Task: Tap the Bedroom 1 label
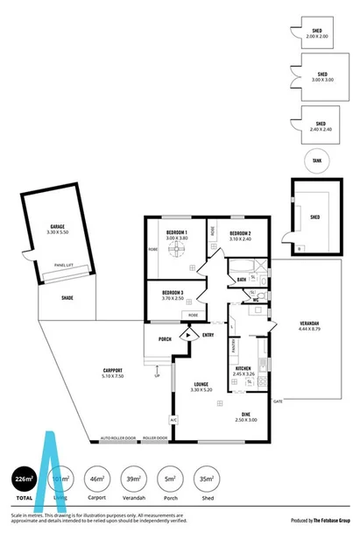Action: point(178,232)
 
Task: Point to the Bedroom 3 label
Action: point(172,294)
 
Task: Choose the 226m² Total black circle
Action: point(24,479)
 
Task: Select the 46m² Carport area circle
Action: point(98,479)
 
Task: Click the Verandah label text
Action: point(305,323)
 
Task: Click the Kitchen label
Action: point(244,369)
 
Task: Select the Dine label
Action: point(247,416)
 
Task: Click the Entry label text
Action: point(208,335)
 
